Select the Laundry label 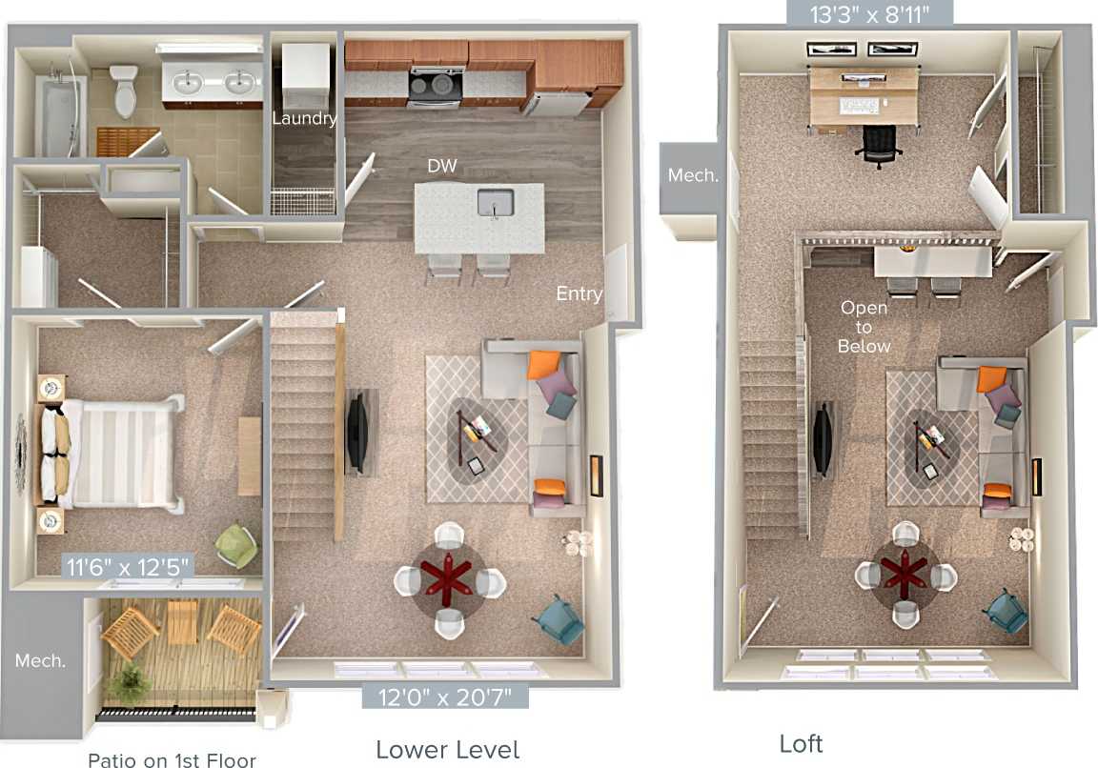pyautogui.click(x=304, y=119)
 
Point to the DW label pyautogui.click(x=441, y=166)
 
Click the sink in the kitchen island pyautogui.click(x=495, y=203)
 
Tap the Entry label pyautogui.click(x=579, y=293)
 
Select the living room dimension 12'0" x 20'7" pyautogui.click(x=445, y=697)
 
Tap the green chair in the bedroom pyautogui.click(x=234, y=545)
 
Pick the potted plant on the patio pyautogui.click(x=128, y=681)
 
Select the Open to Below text pyautogui.click(x=864, y=327)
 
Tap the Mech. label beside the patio pyautogui.click(x=40, y=660)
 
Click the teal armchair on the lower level pyautogui.click(x=559, y=618)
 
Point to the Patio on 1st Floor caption pyautogui.click(x=172, y=759)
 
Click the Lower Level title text pyautogui.click(x=447, y=749)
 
